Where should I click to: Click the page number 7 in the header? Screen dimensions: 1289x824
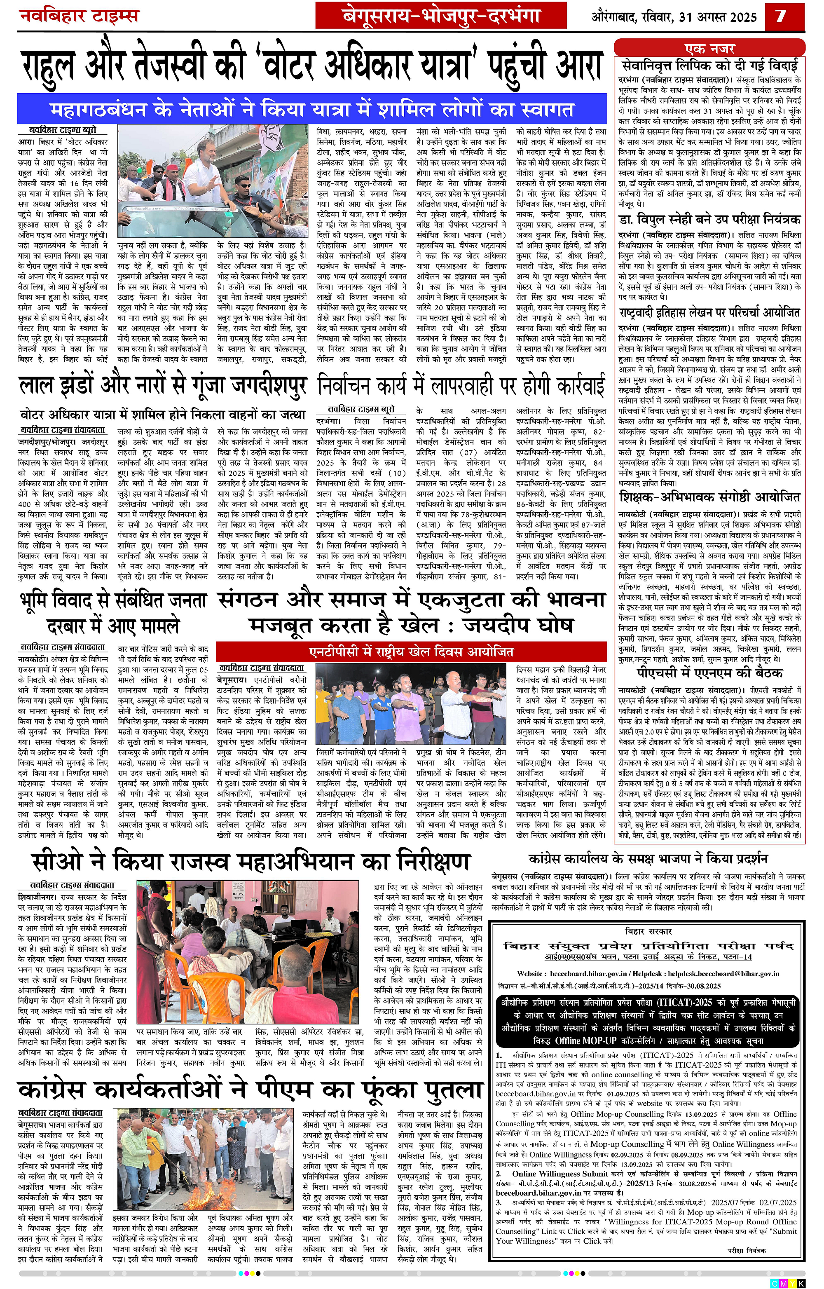781,16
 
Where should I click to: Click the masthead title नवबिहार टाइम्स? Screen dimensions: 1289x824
79,16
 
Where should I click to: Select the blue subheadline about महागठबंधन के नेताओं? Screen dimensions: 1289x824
312,109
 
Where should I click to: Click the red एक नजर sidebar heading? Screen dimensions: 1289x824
709,49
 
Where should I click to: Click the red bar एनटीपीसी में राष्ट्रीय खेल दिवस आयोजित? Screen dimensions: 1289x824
411,652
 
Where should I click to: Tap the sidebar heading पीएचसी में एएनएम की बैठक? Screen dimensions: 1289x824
709,673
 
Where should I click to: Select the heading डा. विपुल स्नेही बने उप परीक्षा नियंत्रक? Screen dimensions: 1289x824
709,220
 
